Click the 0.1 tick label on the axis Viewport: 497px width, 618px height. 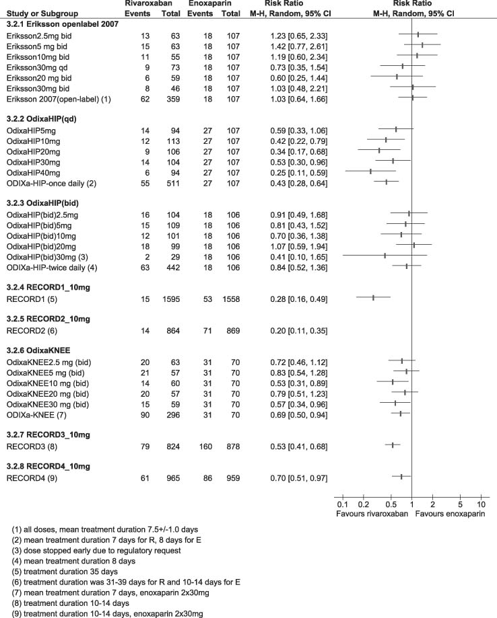341,505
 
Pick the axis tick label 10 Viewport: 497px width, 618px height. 481,505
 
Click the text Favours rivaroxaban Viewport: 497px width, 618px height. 371,514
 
